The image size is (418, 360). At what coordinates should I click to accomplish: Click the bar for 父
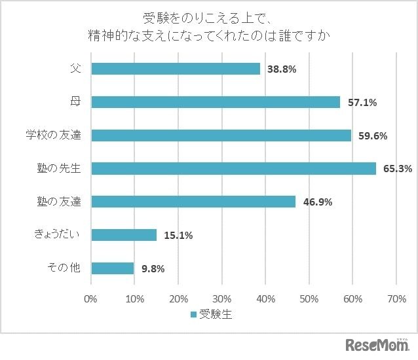pyautogui.click(x=176, y=69)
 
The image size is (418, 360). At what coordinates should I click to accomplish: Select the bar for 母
pyautogui.click(x=216, y=102)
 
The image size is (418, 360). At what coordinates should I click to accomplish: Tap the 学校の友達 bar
pyautogui.click(x=221, y=135)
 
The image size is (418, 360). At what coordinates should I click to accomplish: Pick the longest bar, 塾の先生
pyautogui.click(x=233, y=169)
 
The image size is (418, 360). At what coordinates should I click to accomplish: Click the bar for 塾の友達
pyautogui.click(x=193, y=202)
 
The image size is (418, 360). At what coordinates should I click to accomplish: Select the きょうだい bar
pyautogui.click(x=124, y=235)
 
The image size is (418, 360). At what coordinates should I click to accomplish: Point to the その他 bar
pyautogui.click(x=113, y=268)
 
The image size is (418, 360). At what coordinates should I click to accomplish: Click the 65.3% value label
pyautogui.click(x=397, y=169)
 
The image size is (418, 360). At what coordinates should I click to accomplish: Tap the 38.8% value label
pyautogui.click(x=282, y=69)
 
